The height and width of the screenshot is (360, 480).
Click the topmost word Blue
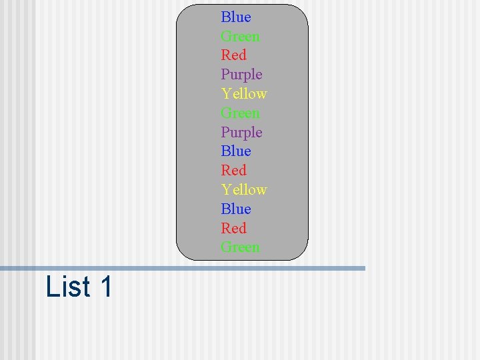[x=236, y=17]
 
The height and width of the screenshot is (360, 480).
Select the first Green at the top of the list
[x=240, y=37]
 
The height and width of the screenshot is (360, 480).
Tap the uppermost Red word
[x=233, y=55]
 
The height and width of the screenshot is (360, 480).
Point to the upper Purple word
[x=241, y=75]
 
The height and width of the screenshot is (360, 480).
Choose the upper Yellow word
[x=244, y=94]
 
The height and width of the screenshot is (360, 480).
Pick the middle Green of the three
[x=240, y=113]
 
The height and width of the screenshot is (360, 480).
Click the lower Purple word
[x=241, y=133]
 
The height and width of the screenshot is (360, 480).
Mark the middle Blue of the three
[x=236, y=151]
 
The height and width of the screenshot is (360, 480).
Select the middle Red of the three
[x=233, y=171]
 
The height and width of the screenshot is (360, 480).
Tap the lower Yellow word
[x=244, y=190]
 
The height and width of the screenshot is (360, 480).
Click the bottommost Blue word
[x=236, y=209]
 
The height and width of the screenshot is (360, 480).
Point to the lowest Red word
[x=233, y=229]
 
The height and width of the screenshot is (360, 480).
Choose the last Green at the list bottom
[x=240, y=247]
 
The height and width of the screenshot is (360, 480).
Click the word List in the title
[x=68, y=287]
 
